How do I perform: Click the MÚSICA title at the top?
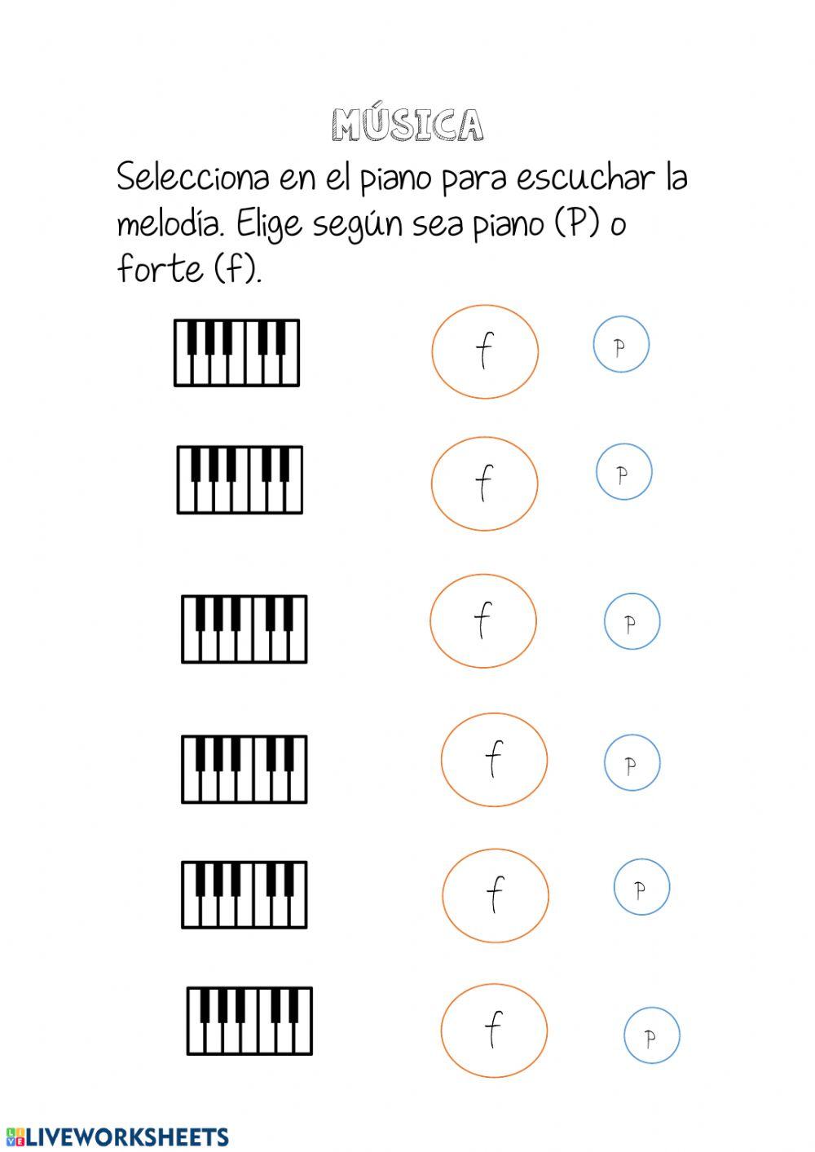(x=407, y=125)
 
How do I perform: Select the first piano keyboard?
(x=236, y=353)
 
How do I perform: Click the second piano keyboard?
(x=240, y=479)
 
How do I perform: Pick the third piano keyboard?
(x=244, y=629)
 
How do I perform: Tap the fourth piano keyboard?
(x=244, y=769)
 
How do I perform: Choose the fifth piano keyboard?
(x=244, y=894)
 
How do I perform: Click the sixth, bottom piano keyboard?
(x=249, y=1021)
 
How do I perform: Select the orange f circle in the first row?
(x=485, y=351)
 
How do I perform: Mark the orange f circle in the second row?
(x=484, y=483)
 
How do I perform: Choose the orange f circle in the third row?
(x=483, y=620)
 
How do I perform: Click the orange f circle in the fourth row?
(x=494, y=759)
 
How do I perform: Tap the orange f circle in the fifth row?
(x=496, y=894)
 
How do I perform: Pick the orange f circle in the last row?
(x=494, y=1030)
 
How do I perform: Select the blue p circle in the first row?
(x=621, y=345)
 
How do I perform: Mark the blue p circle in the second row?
(x=623, y=472)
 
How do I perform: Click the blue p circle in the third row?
(x=632, y=621)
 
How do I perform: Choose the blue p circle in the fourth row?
(x=632, y=762)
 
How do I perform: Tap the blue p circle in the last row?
(x=651, y=1035)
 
